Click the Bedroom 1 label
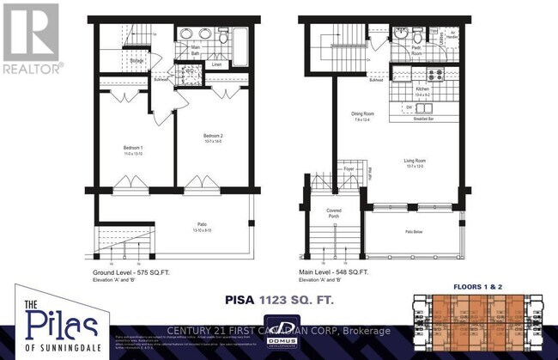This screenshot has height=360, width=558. point(134,149)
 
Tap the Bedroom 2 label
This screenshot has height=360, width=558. point(214,136)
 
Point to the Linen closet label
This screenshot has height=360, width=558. point(217,64)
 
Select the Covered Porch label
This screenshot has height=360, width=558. point(334,214)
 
